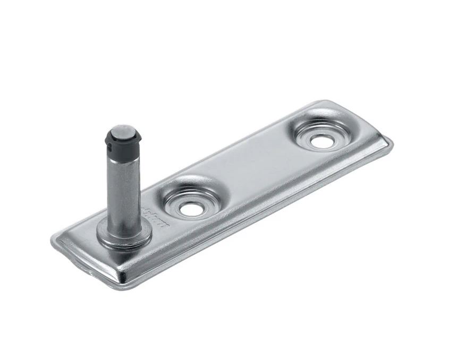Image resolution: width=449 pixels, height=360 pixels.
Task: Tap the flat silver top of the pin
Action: click(124, 131)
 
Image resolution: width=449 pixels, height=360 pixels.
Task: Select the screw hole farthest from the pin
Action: click(320, 141)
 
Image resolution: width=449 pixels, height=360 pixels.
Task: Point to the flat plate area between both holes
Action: click(250, 170)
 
